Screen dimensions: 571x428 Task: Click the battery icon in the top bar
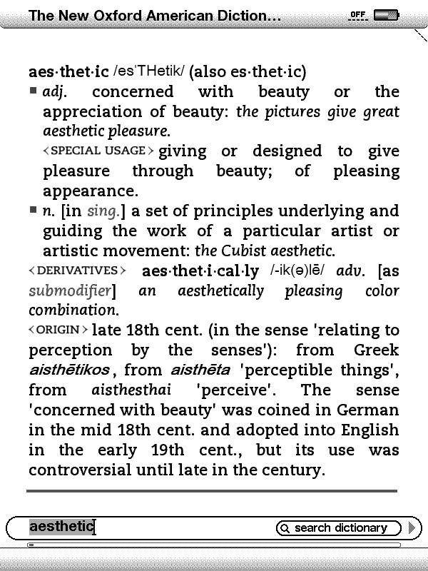tap(386, 14)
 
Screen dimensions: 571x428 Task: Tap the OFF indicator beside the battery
tap(358, 14)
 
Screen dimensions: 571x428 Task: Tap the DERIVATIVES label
tap(77, 271)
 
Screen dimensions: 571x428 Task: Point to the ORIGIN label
tap(58, 330)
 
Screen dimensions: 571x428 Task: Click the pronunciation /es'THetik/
tap(148, 72)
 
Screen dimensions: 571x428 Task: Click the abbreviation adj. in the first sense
tap(55, 92)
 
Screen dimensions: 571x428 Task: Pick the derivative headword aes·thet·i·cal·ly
tap(200, 271)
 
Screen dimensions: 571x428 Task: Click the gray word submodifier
tap(71, 291)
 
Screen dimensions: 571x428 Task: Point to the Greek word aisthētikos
tap(69, 370)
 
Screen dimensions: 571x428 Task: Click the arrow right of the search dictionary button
tap(411, 528)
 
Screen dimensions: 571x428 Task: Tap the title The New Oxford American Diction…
tap(155, 16)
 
